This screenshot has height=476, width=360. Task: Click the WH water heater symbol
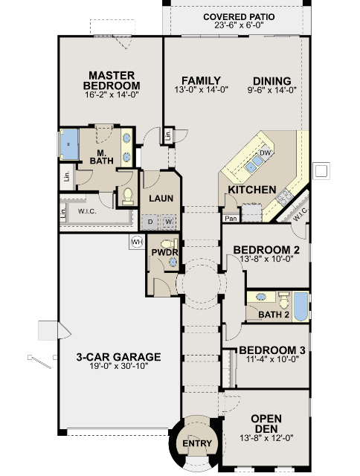[137, 242]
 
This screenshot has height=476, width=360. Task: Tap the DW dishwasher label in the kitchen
[265, 152]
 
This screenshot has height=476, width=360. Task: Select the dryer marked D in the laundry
[150, 222]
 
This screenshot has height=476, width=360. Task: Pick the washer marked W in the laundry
[168, 222]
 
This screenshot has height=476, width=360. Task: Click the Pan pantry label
[231, 218]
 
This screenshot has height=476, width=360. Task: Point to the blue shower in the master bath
[69, 144]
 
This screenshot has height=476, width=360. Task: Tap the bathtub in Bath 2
[300, 306]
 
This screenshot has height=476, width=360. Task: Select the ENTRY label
[197, 443]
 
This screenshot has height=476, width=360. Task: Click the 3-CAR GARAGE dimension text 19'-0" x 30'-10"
[119, 366]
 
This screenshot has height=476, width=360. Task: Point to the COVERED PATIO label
[239, 17]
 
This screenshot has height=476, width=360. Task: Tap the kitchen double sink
[254, 164]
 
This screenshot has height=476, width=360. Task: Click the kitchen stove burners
[284, 196]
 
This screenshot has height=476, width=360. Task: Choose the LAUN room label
[161, 199]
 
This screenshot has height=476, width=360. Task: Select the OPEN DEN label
[266, 424]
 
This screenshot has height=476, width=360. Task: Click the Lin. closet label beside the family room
[168, 135]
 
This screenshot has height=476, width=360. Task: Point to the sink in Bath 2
[261, 297]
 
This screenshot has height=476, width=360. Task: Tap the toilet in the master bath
[128, 196]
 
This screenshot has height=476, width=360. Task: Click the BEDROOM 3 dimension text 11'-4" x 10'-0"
[272, 359]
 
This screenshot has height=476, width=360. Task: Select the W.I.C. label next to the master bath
[87, 211]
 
